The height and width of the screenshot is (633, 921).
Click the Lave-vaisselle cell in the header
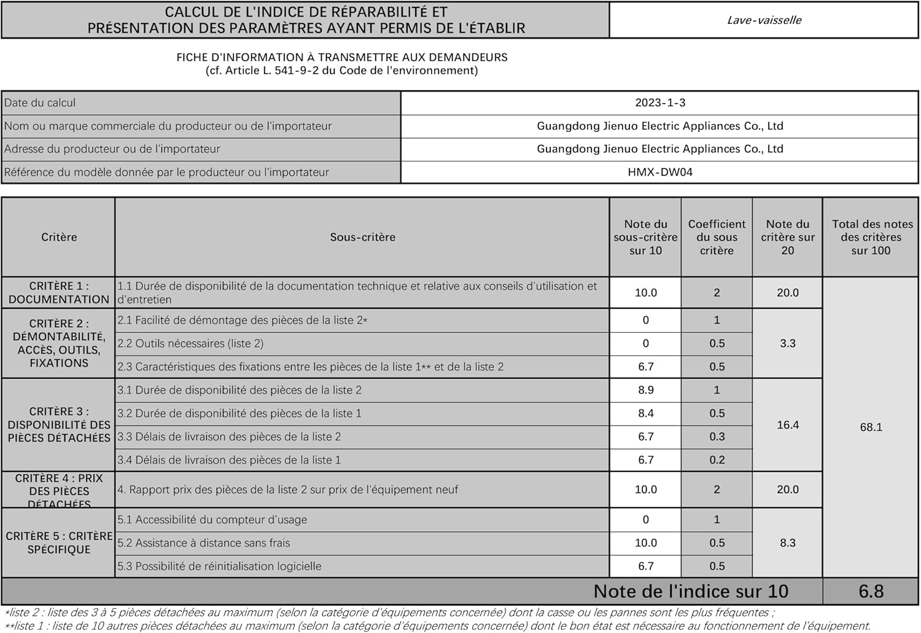pyautogui.click(x=764, y=20)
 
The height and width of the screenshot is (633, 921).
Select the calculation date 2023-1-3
pyautogui.click(x=660, y=103)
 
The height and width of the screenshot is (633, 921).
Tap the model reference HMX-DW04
pyautogui.click(x=660, y=172)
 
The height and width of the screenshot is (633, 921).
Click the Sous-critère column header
pyautogui.click(x=362, y=237)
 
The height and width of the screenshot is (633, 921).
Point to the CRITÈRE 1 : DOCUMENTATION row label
pyautogui.click(x=59, y=293)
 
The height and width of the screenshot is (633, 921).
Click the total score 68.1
pyautogui.click(x=871, y=427)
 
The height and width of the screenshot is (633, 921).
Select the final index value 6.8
pyautogui.click(x=871, y=591)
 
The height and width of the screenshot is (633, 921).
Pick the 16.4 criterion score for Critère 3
pyautogui.click(x=788, y=425)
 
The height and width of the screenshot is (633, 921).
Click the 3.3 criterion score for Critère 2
pyautogui.click(x=788, y=343)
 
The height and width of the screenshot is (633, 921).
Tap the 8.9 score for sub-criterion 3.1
pyautogui.click(x=645, y=390)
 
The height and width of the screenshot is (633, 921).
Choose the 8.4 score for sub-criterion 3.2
pyautogui.click(x=645, y=413)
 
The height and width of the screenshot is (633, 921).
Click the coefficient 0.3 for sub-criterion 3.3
pyautogui.click(x=717, y=437)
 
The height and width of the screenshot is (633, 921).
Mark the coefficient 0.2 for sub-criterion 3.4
pyautogui.click(x=717, y=460)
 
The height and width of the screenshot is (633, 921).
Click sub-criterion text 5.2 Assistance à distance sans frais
pyautogui.click(x=204, y=543)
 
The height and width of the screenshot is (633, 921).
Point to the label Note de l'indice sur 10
pyautogui.click(x=691, y=591)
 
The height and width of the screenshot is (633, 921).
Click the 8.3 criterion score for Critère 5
pyautogui.click(x=788, y=543)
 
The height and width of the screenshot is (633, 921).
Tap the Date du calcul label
pyautogui.click(x=40, y=103)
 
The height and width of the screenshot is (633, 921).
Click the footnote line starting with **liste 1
pyautogui.click(x=437, y=626)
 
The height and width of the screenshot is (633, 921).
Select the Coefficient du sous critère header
pyautogui.click(x=717, y=237)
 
